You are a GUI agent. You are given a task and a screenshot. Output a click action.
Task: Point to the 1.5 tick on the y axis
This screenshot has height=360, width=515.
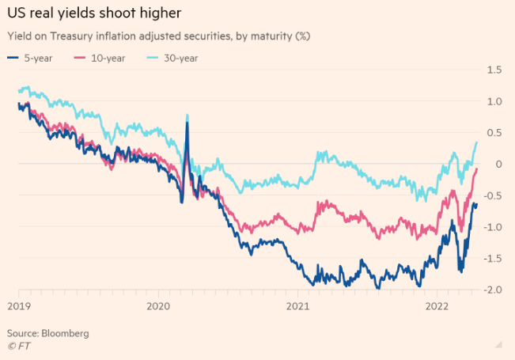(494, 70)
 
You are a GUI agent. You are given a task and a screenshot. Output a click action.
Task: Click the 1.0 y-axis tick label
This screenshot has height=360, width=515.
(494, 101)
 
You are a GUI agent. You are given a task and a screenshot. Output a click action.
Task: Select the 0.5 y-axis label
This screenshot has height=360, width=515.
(494, 133)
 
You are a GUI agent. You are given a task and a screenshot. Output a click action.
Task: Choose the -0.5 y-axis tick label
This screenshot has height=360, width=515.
(492, 195)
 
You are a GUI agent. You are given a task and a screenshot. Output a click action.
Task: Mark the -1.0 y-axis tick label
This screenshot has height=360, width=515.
(492, 227)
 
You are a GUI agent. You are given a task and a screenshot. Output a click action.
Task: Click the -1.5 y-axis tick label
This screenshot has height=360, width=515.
(492, 259)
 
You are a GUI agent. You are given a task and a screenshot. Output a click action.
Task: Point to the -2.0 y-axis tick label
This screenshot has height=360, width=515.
(492, 290)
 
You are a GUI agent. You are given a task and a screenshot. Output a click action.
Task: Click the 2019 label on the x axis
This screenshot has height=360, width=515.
(19, 305)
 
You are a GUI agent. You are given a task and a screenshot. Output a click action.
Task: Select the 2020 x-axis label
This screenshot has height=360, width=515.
(158, 305)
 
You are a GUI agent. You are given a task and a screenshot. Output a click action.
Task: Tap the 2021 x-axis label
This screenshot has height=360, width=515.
(297, 305)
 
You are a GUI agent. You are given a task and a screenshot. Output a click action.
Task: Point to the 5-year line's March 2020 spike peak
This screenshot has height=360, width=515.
(187, 123)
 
